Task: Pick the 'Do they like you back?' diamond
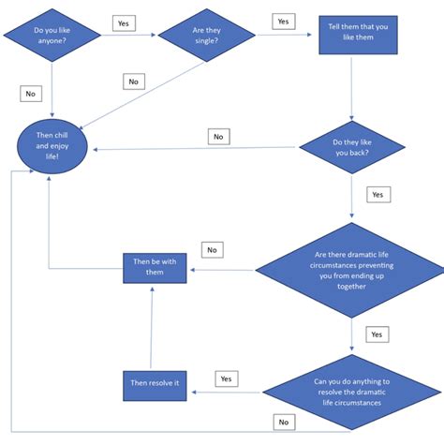pyautogui.click(x=351, y=149)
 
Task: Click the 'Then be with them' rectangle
pyautogui.click(x=155, y=269)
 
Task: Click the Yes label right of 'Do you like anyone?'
pyautogui.click(x=123, y=22)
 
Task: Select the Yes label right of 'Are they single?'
pyautogui.click(x=282, y=21)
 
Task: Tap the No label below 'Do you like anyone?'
pyautogui.click(x=31, y=93)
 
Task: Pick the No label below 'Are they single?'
pyautogui.click(x=135, y=82)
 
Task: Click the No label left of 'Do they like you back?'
pyautogui.click(x=219, y=137)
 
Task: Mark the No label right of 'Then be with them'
pyautogui.click(x=213, y=250)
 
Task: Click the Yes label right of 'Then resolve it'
pyautogui.click(x=226, y=378)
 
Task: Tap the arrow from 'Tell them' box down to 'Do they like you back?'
pyautogui.click(x=352, y=94)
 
